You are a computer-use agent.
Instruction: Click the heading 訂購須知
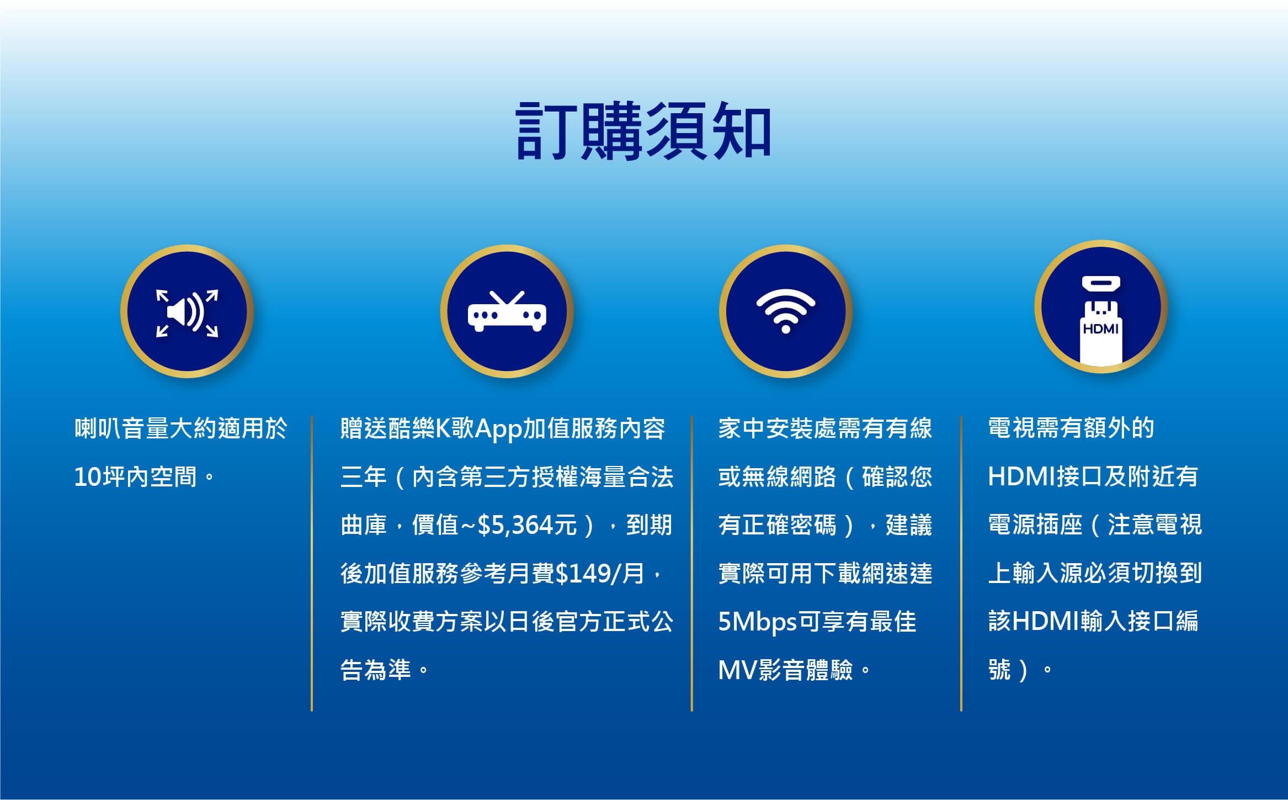tap(643, 131)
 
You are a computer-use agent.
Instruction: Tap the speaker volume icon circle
tap(187, 311)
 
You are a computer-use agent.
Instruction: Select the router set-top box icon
tap(507, 311)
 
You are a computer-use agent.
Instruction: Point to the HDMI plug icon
tap(1101, 320)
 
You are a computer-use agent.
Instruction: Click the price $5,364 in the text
tap(515, 525)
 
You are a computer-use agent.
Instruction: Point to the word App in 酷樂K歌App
tap(498, 429)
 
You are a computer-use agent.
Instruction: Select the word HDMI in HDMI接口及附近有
tap(1021, 476)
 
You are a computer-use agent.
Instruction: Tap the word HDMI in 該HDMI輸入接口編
tap(1046, 621)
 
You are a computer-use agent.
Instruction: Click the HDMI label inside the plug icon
tap(1101, 329)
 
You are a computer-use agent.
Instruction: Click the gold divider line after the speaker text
tap(312, 563)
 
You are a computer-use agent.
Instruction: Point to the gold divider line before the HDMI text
tap(961, 563)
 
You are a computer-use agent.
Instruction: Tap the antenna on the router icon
tap(507, 298)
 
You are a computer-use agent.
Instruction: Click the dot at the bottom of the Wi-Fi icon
tap(786, 330)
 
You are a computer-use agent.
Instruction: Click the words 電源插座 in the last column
tap(1035, 524)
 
